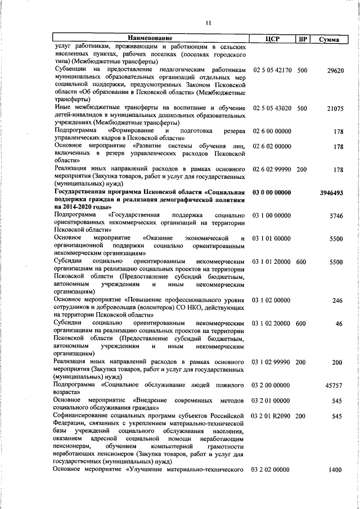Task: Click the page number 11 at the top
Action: coord(208,23)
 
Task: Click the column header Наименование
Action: coord(150,38)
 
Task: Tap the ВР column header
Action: coord(303,38)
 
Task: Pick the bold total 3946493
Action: coord(331,192)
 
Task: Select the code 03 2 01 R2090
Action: coord(272,416)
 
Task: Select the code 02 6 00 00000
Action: coord(272,132)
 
